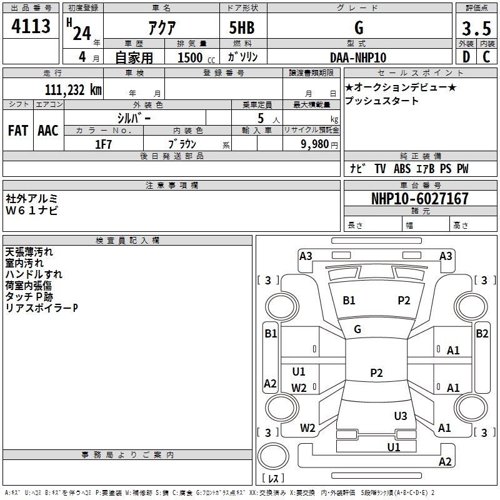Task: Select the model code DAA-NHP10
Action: pyautogui.click(x=358, y=57)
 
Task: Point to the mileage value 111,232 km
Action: pyautogui.click(x=73, y=89)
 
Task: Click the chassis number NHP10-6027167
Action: pyautogui.click(x=419, y=199)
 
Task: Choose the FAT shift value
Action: pyautogui.click(x=17, y=131)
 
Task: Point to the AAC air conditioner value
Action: pyautogui.click(x=48, y=131)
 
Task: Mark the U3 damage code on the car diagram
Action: pyautogui.click(x=401, y=416)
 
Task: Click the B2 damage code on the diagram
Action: pyautogui.click(x=482, y=334)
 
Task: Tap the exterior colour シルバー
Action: pyautogui.click(x=134, y=117)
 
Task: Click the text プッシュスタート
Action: pyautogui.click(x=381, y=101)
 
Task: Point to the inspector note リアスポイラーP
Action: pyautogui.click(x=42, y=308)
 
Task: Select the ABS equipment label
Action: pyautogui.click(x=402, y=169)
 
